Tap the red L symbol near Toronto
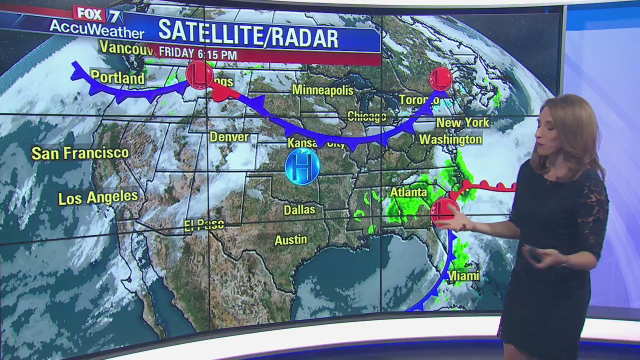[440, 79]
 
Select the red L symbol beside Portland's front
[199, 75]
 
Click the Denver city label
[229, 136]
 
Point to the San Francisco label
[80, 153]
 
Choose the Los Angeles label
[98, 197]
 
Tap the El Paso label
[204, 225]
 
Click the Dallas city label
[299, 209]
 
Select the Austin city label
[290, 240]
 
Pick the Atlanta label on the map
[408, 192]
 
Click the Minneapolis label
[322, 90]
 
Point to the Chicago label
[366, 116]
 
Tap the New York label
[462, 122]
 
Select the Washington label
[450, 139]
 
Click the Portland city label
[117, 78]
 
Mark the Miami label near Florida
[463, 275]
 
